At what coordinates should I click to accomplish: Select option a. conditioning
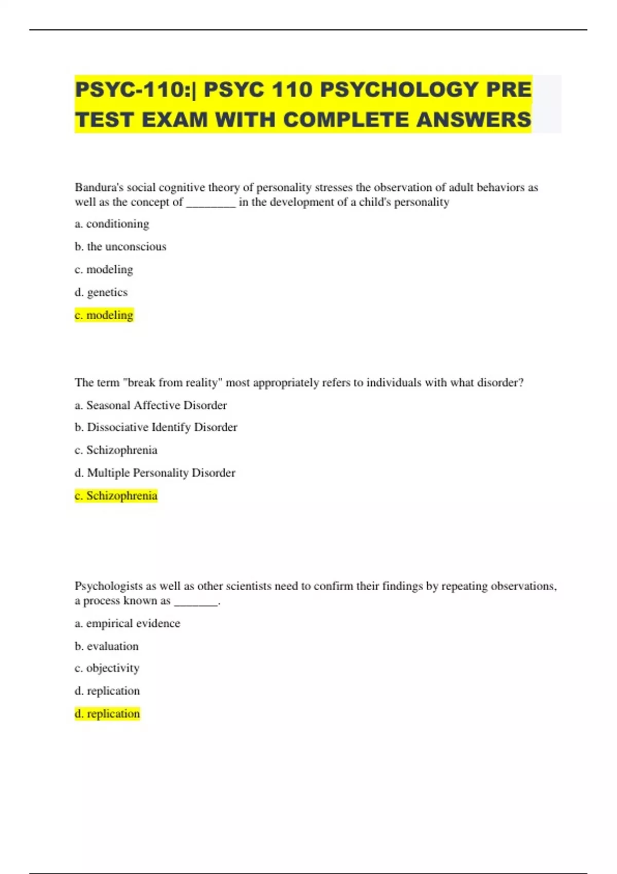point(112,224)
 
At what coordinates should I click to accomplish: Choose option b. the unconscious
point(120,247)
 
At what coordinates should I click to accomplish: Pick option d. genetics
point(101,292)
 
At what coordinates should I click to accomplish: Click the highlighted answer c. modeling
point(104,315)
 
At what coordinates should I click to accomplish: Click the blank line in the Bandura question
point(211,203)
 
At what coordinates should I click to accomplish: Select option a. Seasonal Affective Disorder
point(151,405)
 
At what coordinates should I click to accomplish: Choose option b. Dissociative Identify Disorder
point(156,427)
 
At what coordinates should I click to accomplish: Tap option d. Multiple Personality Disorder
point(155,472)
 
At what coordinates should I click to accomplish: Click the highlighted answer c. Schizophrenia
point(116,496)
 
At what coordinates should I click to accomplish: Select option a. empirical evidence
point(128,623)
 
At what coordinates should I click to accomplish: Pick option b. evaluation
point(106,646)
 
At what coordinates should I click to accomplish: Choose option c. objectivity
point(107,668)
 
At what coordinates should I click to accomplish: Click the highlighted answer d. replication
point(107,714)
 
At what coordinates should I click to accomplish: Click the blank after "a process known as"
point(196,602)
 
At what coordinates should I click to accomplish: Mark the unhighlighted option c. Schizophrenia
point(116,450)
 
